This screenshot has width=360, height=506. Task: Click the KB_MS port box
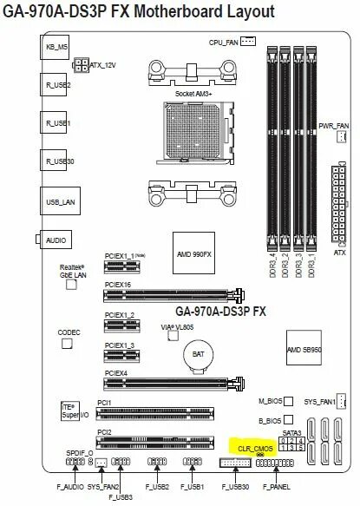(56, 49)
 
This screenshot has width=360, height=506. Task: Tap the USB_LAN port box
(58, 201)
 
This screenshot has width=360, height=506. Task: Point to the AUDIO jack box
(58, 239)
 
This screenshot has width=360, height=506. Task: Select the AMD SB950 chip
(304, 349)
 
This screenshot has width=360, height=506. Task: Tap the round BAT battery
(199, 355)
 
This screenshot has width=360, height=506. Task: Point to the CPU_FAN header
(248, 40)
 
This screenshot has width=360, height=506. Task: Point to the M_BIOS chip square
(289, 402)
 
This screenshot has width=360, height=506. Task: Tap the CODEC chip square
(67, 345)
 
